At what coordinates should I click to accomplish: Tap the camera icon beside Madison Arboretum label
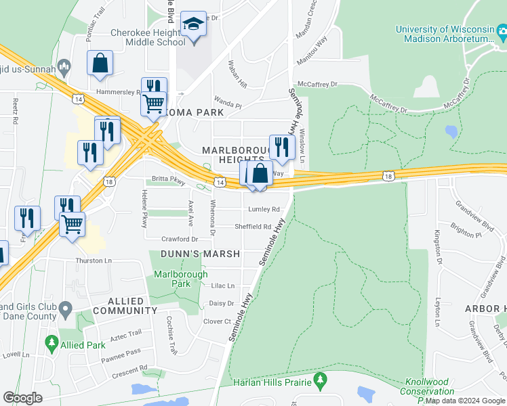pyautogui.click(x=502, y=32)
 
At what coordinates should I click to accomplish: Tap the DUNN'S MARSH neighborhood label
pyautogui.click(x=200, y=254)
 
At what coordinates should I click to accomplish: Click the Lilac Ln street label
pyautogui.click(x=223, y=286)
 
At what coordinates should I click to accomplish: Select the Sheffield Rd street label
pyautogui.click(x=253, y=227)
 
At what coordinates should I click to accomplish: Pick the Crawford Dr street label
pyautogui.click(x=180, y=239)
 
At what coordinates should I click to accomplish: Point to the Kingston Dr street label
pyautogui.click(x=438, y=247)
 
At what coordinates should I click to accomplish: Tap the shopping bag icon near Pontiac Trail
pyautogui.click(x=100, y=64)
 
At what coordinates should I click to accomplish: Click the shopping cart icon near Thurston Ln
pyautogui.click(x=72, y=223)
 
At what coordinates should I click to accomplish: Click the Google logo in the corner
pyautogui.click(x=22, y=397)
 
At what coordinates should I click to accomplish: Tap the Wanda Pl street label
pyautogui.click(x=228, y=106)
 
